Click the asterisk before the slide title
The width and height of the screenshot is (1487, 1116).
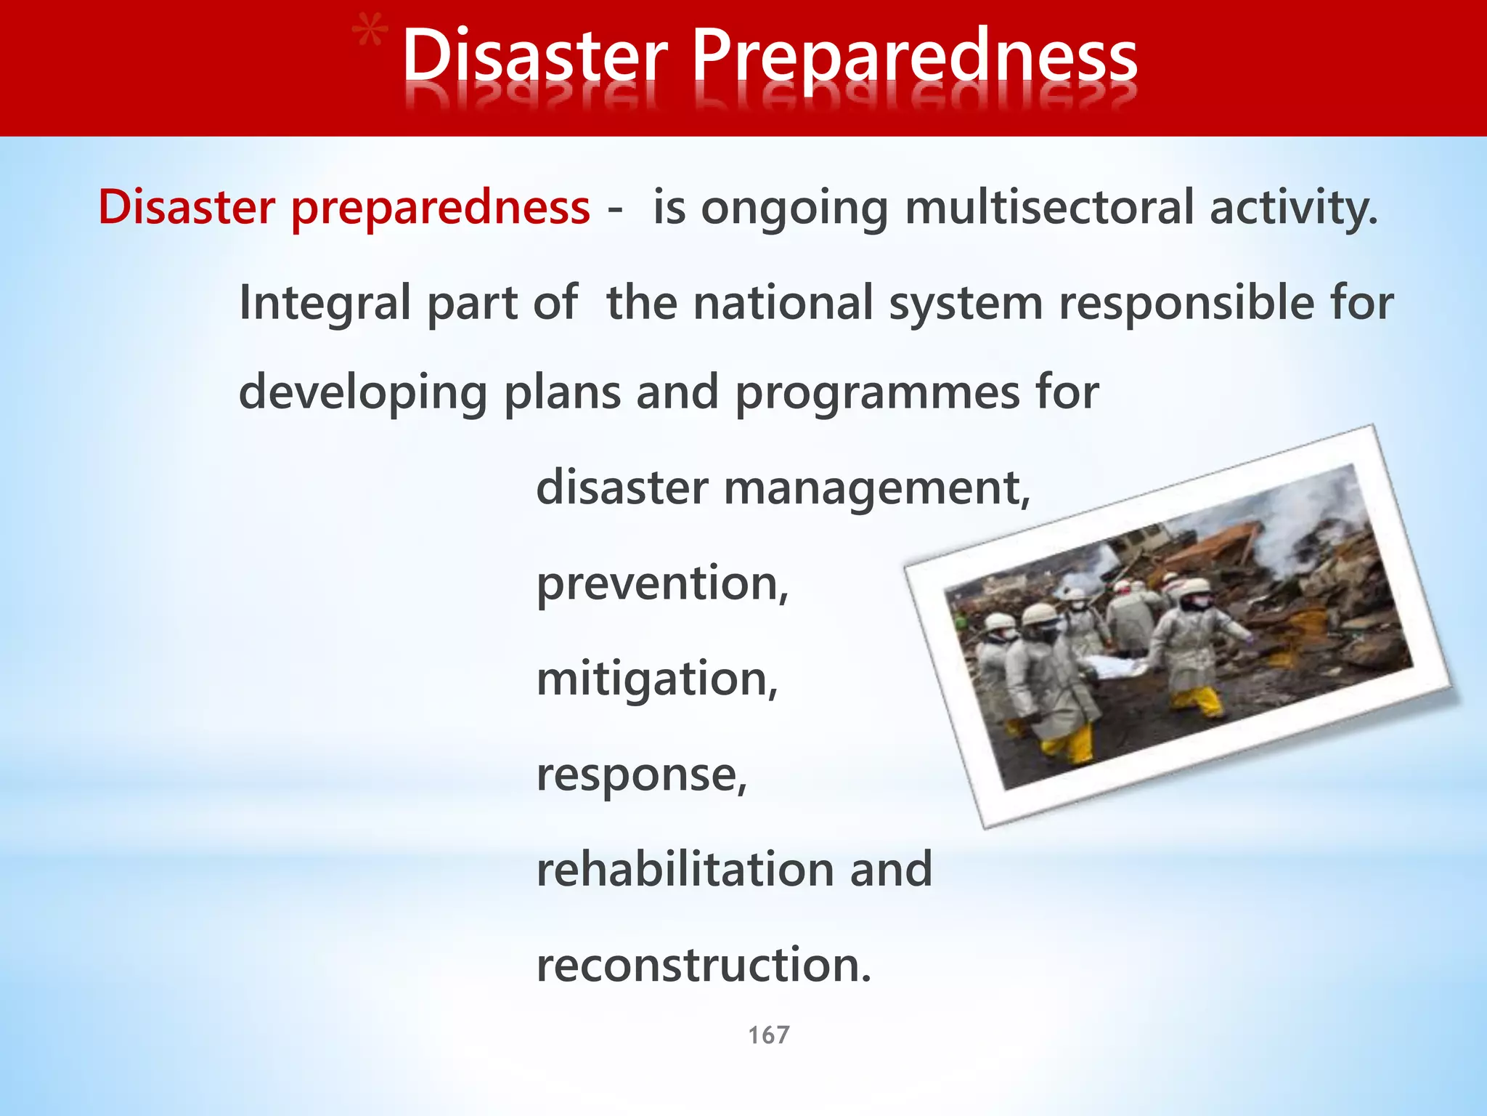click(x=369, y=36)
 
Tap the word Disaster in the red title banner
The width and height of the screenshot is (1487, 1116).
click(x=534, y=57)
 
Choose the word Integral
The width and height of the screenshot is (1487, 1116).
click(x=325, y=304)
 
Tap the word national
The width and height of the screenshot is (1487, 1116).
click(x=783, y=302)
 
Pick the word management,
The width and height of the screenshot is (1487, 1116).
click(x=877, y=489)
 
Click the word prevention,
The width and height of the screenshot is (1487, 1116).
click(x=662, y=583)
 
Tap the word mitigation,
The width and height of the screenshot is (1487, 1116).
click(x=657, y=680)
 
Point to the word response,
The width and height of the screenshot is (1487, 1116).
click(x=642, y=775)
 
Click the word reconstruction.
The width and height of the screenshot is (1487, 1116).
click(x=703, y=965)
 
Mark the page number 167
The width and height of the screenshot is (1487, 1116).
click(x=768, y=1035)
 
